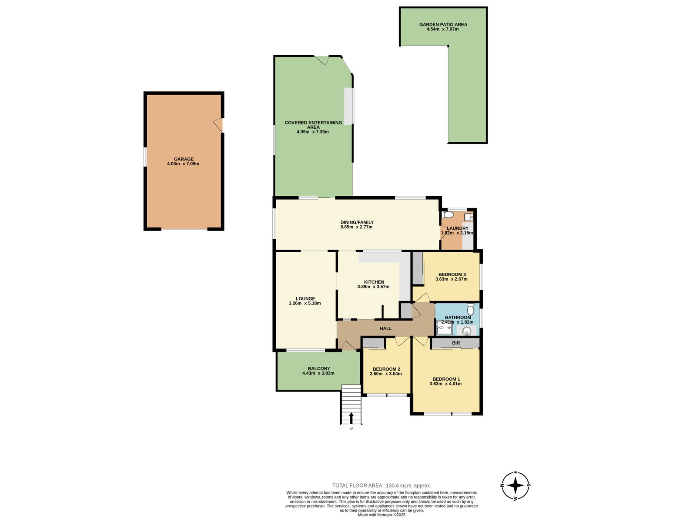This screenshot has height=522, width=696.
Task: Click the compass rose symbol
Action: coord(515,485)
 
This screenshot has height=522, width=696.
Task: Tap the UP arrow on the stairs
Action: coord(351,418)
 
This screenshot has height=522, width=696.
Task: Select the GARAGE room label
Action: coord(184,159)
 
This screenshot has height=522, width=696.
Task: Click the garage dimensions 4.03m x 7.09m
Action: coord(183,164)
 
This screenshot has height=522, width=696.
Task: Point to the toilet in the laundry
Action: coord(448,215)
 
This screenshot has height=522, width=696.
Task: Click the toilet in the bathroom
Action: coord(470,309)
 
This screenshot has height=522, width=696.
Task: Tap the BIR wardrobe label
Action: coord(456,343)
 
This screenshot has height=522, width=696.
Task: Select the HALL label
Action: coord(386,328)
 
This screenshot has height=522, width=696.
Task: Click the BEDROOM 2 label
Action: coord(386,369)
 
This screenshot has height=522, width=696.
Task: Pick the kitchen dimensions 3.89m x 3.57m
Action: coord(373,287)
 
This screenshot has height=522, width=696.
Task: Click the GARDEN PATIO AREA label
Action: coord(443,24)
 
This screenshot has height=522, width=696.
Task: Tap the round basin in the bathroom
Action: coord(466,331)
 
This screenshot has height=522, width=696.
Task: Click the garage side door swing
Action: coord(218,125)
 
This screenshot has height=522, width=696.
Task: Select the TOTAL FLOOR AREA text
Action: coord(381,485)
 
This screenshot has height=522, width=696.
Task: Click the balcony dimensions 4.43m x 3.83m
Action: coord(318,373)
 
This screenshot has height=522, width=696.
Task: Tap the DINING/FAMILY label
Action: coord(357,222)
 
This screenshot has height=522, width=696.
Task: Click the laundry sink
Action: coord(469,217)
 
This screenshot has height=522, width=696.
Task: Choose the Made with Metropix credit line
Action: coord(381,515)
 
